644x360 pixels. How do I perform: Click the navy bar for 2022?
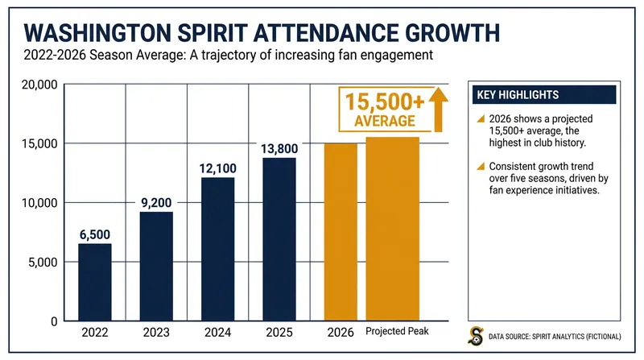point(95,282)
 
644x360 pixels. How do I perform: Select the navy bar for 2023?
point(156,267)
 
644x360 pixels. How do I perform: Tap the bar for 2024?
point(217,249)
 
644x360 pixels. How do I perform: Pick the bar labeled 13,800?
point(279,239)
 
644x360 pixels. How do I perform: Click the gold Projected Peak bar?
point(393,229)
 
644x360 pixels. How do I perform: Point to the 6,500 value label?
point(95,234)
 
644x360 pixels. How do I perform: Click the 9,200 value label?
point(156,203)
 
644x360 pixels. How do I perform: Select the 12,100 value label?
point(217,168)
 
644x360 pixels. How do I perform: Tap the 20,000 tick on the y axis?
point(39,85)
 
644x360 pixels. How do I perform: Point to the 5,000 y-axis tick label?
point(43,263)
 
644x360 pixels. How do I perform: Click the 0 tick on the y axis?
point(54,322)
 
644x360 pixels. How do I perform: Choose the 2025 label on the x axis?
point(279,332)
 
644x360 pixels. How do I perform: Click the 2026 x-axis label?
point(341,332)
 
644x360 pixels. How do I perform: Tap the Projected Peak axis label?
point(397,331)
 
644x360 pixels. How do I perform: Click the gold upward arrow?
point(439,110)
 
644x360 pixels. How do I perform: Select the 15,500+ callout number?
point(385,102)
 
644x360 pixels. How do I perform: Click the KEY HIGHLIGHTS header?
point(518,95)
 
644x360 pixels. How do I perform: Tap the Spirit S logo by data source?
point(476,336)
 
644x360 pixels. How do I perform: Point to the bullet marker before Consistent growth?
point(481,167)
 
